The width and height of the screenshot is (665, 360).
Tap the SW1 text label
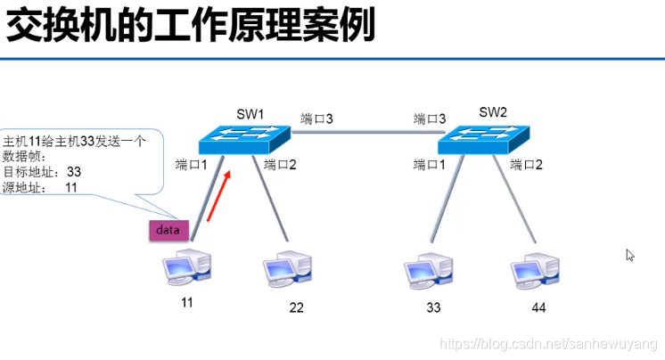click(x=250, y=114)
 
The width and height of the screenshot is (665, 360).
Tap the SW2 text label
click(x=492, y=112)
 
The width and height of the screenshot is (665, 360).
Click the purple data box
click(x=168, y=230)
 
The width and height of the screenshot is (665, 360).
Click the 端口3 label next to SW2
click(x=430, y=119)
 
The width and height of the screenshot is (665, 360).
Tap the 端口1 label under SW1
click(x=192, y=165)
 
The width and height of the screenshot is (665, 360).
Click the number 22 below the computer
click(x=297, y=308)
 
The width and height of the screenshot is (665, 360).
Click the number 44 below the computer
click(x=538, y=307)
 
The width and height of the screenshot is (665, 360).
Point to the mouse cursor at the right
click(x=630, y=256)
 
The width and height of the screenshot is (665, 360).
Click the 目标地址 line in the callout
click(x=43, y=171)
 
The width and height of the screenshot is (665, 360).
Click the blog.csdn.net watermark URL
click(x=550, y=344)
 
